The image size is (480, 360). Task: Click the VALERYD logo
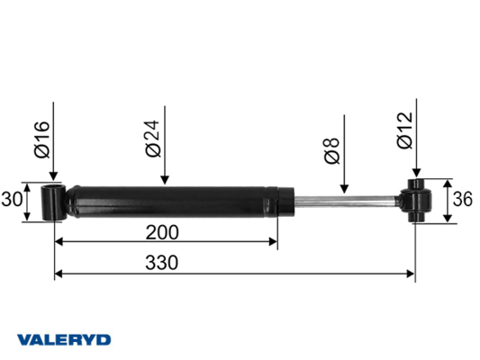[x=64, y=340]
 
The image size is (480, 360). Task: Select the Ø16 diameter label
[x=42, y=139]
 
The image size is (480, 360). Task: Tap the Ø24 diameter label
[x=153, y=139]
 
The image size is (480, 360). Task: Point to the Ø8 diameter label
[x=332, y=151]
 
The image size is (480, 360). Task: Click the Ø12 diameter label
[x=404, y=130]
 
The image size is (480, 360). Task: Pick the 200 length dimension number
[x=162, y=232]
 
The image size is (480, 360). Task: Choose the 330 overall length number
[x=161, y=263]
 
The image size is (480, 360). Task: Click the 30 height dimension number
[x=12, y=200]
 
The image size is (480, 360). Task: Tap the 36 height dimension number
[x=463, y=199]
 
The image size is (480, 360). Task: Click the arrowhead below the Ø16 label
[x=53, y=175]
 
